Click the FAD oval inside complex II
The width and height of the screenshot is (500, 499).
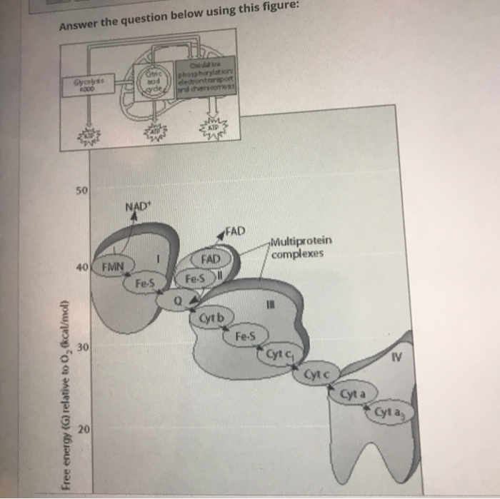coord(211,258)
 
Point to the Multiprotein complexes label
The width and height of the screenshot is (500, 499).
coord(301,247)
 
